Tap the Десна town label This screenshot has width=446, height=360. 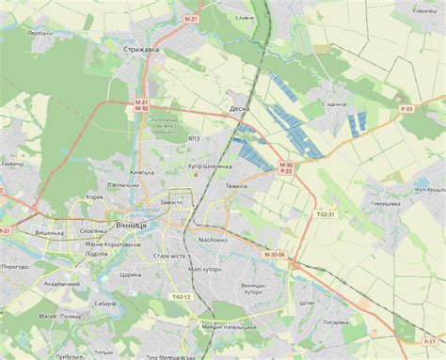coord(239,109)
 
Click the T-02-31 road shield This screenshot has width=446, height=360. coord(326,214)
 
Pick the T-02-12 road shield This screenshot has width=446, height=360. coord(181,297)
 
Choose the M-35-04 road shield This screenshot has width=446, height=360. coord(274,254)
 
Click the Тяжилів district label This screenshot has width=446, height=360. coord(234,186)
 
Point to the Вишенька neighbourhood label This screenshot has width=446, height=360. coord(49,232)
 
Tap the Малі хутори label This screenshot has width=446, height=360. coord(204,269)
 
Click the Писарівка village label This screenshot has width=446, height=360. coord(336,321)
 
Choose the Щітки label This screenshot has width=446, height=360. coord(307,304)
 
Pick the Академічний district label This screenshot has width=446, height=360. coord(62,284)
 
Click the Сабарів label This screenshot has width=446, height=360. coord(104,304)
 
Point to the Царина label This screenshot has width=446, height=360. coord(131,274)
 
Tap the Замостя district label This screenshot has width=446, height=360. coord(172,201)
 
